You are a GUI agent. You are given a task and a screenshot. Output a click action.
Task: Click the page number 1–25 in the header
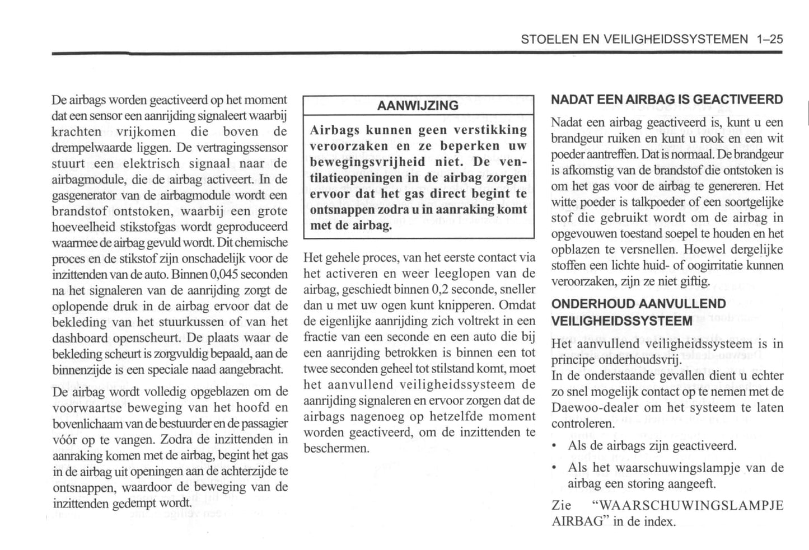[769, 39]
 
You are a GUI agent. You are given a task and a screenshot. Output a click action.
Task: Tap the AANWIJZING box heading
[418, 106]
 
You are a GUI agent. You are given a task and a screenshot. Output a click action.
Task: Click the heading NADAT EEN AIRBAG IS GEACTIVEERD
[667, 100]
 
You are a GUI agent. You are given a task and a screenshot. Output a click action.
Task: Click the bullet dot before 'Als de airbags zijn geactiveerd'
[554, 446]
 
